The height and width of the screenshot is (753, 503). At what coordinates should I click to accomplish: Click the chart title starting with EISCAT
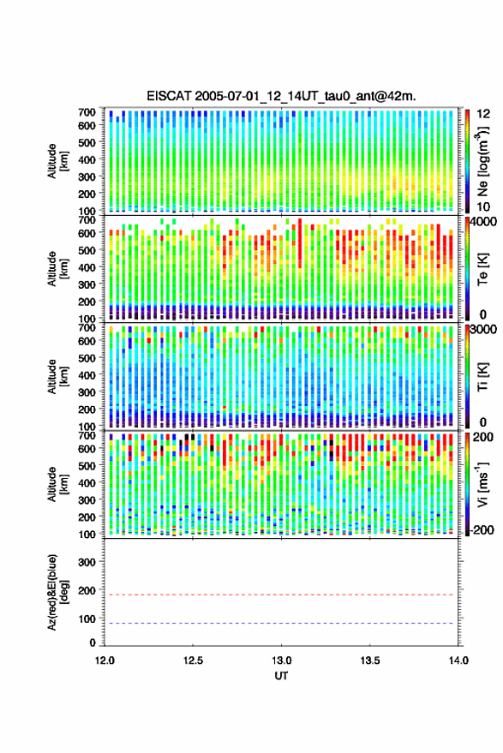281,96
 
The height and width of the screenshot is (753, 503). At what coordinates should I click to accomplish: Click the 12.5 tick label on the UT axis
193,660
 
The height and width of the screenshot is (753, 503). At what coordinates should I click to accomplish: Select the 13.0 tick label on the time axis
282,660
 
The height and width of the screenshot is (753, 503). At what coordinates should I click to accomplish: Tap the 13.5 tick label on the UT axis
370,660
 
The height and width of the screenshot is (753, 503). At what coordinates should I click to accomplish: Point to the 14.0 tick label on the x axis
458,660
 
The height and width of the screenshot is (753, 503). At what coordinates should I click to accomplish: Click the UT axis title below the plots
282,676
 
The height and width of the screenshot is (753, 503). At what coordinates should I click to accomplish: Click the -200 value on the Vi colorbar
482,529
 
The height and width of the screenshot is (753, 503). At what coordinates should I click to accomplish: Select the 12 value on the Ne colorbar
483,114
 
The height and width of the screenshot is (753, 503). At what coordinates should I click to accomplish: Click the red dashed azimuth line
278,595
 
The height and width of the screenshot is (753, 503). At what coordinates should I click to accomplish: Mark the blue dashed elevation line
278,623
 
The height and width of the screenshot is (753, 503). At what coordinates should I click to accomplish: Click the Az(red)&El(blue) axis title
57,592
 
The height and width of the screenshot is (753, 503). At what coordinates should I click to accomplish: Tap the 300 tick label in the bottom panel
87,562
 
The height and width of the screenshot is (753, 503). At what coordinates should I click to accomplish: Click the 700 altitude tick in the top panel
87,112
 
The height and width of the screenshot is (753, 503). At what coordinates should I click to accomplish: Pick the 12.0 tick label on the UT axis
105,660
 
